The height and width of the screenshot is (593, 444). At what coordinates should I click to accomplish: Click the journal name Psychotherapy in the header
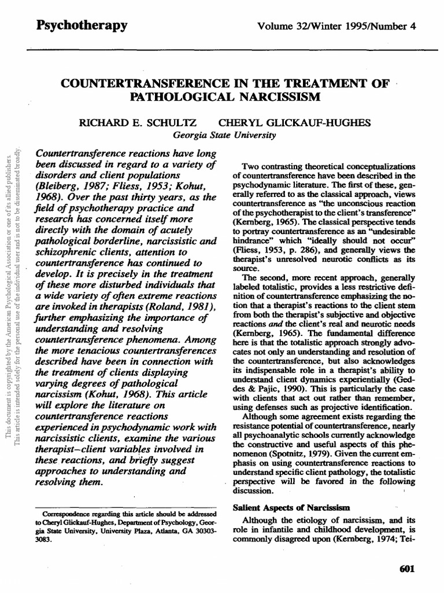point(82,25)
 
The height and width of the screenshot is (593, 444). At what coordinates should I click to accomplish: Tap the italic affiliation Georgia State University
point(217,135)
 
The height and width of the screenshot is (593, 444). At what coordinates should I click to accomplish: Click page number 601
point(408,569)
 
